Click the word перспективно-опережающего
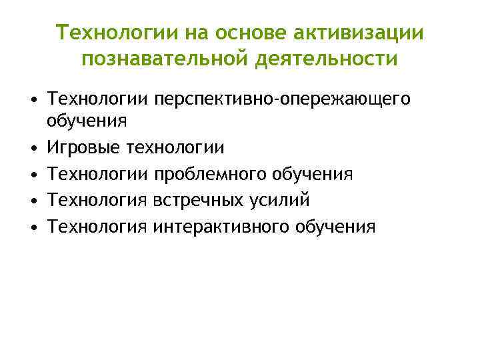[x=282, y=100]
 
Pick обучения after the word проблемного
[x=314, y=173]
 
